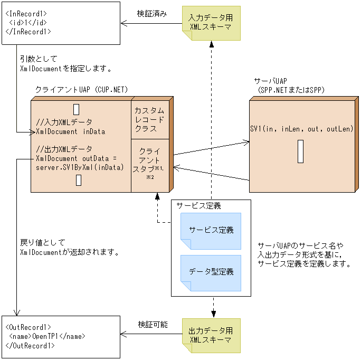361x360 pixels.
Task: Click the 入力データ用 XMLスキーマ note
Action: [211, 22]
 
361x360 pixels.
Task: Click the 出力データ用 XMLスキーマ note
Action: [211, 336]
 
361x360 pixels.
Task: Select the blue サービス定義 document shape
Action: [211, 231]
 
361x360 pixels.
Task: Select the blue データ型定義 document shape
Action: [211, 272]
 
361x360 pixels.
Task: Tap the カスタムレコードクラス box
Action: [150, 120]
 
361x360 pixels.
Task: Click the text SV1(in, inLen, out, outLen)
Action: [301, 129]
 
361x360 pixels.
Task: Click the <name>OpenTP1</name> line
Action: [47, 336]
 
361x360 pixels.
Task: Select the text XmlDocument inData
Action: [71, 131]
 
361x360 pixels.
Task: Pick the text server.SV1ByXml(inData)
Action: [80, 167]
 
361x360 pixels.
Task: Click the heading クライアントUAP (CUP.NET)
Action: [81, 90]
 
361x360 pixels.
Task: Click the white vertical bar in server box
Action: [300, 151]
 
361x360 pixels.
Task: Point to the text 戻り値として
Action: [39, 243]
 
